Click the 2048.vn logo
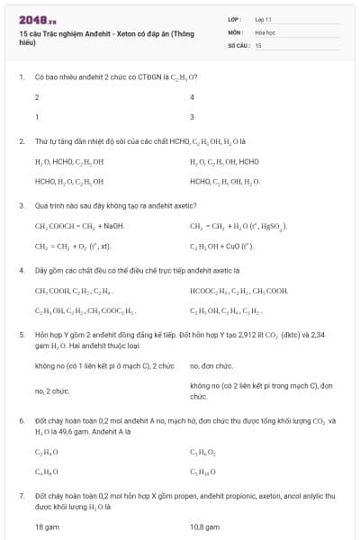pyautogui.click(x=37, y=18)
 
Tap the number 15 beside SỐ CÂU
pyautogui.click(x=258, y=44)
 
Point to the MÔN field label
pyautogui.click(x=235, y=31)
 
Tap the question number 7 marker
pyautogui.click(x=21, y=495)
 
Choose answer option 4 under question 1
pyautogui.click(x=193, y=96)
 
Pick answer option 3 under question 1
pyautogui.click(x=193, y=116)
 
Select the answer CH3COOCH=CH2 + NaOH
pyautogui.click(x=79, y=226)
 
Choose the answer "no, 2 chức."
pyautogui.click(x=52, y=391)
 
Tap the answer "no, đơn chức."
pyautogui.click(x=211, y=366)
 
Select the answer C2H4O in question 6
pyautogui.click(x=47, y=451)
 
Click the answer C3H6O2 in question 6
pyautogui.click(x=202, y=451)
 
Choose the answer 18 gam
pyautogui.click(x=47, y=526)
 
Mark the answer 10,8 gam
pyautogui.click(x=204, y=526)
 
